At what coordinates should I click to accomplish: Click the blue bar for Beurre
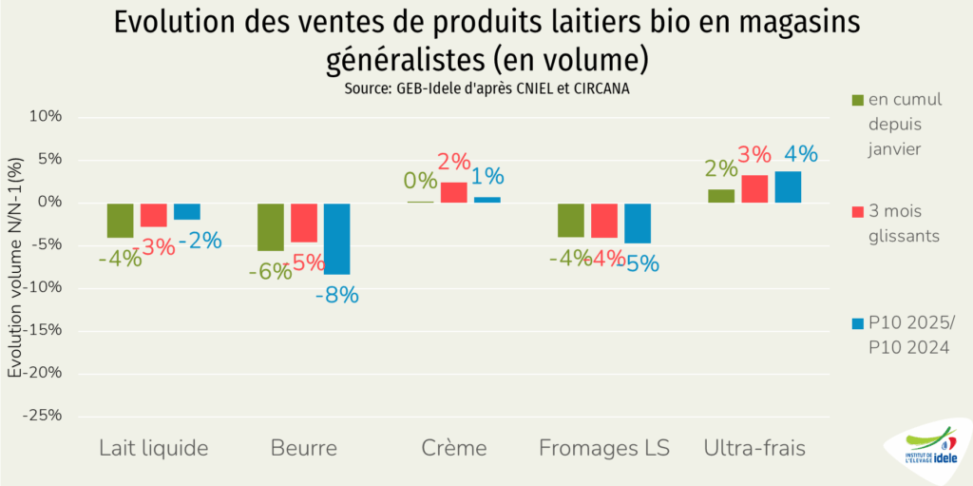pos(337,238)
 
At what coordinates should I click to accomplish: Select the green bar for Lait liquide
pos(120,220)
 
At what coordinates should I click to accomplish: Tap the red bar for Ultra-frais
pos(754,189)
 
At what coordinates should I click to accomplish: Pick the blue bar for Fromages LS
pos(638,223)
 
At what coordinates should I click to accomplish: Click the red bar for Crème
pos(453,193)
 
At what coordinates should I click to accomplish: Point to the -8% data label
pos(337,295)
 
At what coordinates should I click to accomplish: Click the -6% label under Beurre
pos(269,272)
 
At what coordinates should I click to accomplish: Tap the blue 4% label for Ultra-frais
pos(801,154)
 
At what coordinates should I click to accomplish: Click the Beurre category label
pos(303,448)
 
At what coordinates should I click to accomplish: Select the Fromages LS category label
pos(604,448)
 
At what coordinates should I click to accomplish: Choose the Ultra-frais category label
pos(754,448)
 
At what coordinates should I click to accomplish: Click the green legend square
pos(857,100)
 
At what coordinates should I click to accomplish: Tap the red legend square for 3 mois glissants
pos(857,210)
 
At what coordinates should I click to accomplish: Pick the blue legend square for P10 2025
pos(857,323)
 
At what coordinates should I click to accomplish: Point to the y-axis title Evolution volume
pos(15,266)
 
